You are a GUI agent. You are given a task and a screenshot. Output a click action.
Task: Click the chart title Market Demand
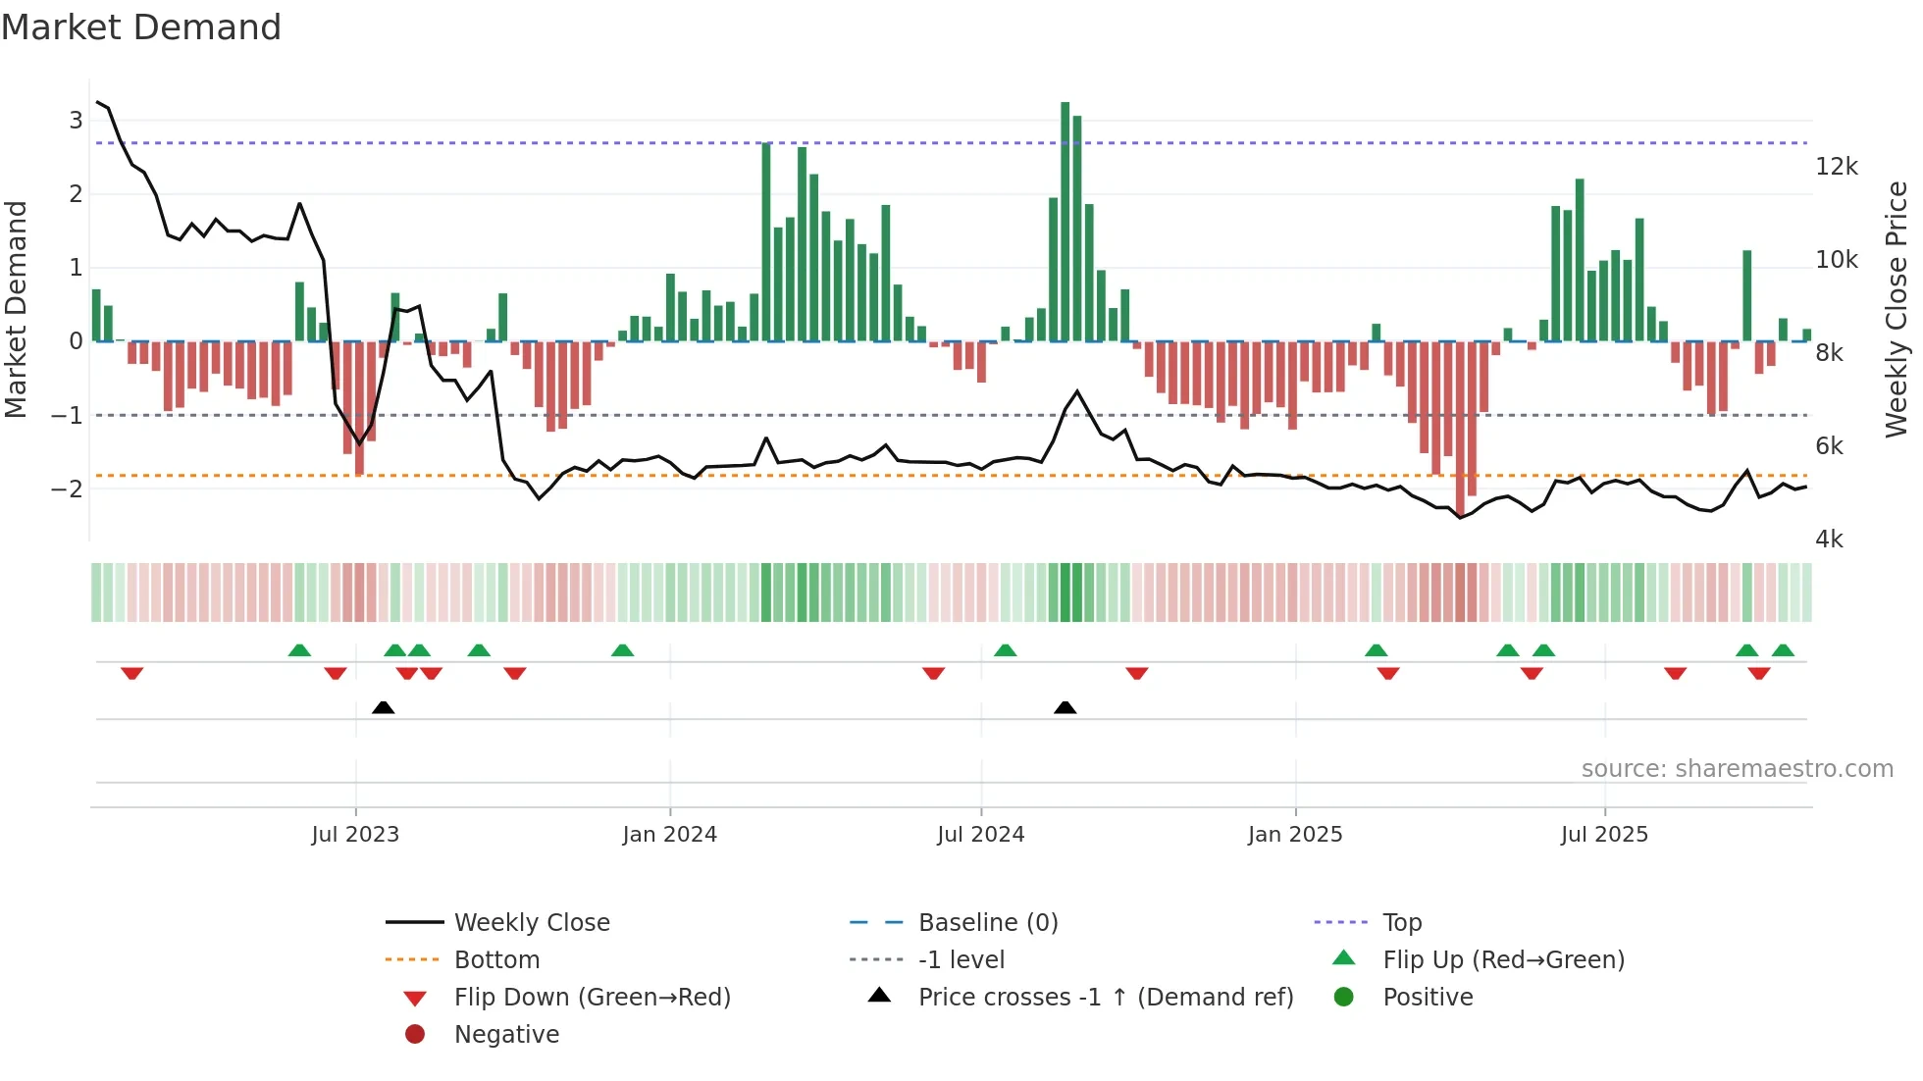click(141, 27)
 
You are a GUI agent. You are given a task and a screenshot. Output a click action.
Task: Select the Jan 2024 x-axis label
click(669, 835)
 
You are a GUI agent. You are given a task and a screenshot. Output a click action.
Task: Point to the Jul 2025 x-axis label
click(1604, 835)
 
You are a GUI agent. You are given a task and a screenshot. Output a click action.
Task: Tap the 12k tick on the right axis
click(1836, 167)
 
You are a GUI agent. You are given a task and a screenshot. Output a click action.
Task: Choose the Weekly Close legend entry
click(531, 923)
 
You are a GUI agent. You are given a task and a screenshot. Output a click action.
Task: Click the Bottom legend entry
click(496, 960)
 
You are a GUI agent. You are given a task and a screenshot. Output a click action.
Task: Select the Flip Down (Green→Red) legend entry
click(592, 998)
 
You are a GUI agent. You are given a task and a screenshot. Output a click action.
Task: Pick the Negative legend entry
click(506, 1035)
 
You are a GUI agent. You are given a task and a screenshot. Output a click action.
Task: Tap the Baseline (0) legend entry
click(987, 923)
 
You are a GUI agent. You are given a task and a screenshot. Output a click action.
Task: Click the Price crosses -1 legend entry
click(1105, 998)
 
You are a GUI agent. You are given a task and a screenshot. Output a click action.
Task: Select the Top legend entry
click(1401, 923)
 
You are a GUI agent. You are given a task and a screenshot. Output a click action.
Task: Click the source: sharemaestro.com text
click(1737, 769)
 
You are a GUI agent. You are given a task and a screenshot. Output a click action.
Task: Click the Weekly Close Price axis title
click(1897, 309)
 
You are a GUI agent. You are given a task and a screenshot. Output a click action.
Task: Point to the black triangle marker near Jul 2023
click(384, 707)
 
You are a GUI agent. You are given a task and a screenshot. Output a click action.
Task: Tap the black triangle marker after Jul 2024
click(1065, 707)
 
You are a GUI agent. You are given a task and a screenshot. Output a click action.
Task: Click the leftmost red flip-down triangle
click(132, 673)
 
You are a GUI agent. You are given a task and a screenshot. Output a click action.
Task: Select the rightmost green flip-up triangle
click(1783, 650)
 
